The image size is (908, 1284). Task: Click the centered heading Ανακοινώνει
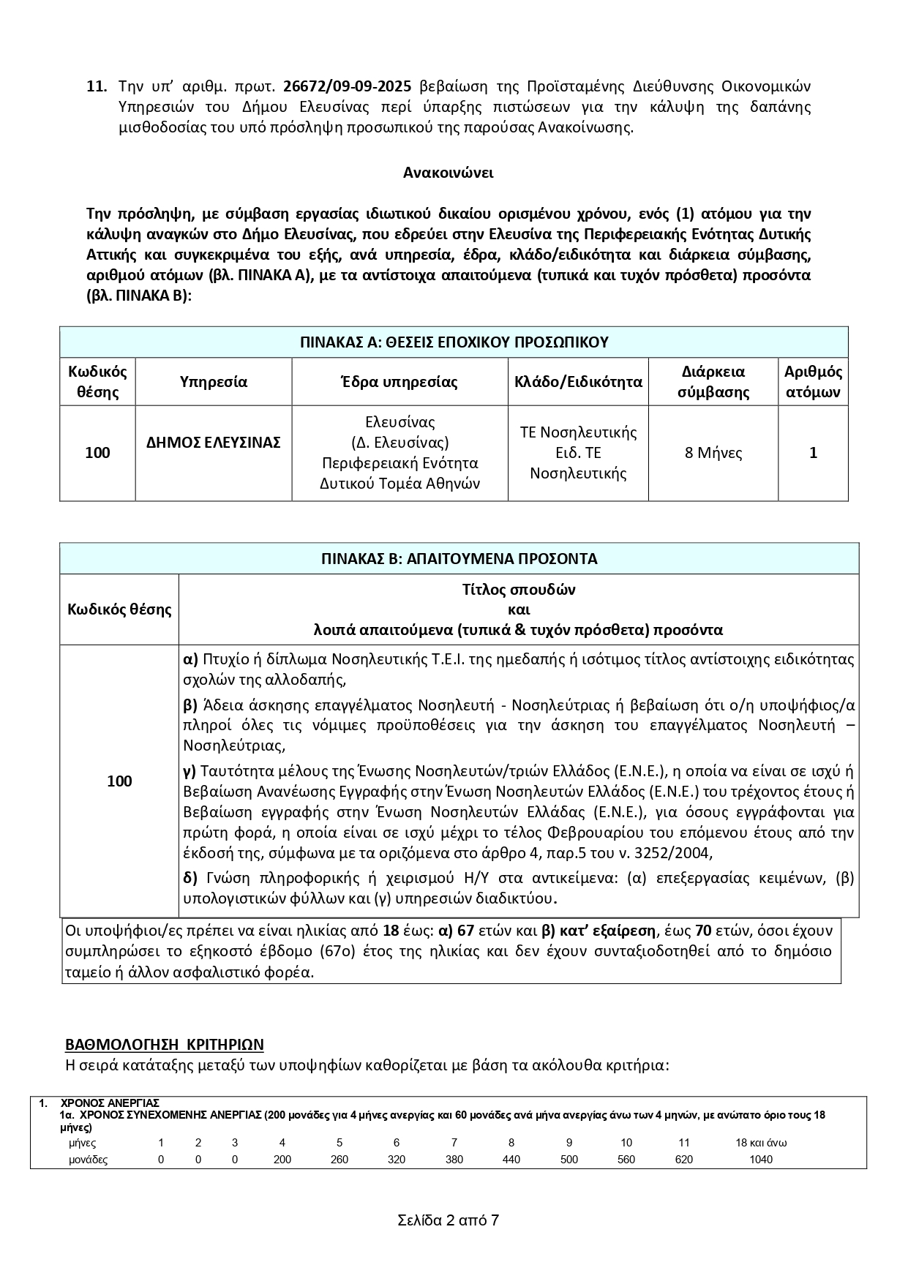(x=448, y=173)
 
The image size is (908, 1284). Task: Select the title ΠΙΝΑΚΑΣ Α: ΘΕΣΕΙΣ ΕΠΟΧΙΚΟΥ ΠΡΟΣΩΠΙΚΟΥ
(x=454, y=342)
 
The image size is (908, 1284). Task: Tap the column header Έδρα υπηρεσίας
(x=399, y=382)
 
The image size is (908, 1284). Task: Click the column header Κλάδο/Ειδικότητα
(x=578, y=382)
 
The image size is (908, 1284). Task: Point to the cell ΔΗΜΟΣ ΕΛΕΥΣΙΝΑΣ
(x=213, y=443)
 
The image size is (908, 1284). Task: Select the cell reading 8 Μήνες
(x=713, y=453)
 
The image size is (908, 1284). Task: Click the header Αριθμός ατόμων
(x=813, y=382)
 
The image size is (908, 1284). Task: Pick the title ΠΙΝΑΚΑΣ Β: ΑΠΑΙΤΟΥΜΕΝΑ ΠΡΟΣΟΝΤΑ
(x=459, y=559)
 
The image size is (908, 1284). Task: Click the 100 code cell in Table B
(x=119, y=781)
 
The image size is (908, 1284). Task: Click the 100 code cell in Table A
(x=97, y=453)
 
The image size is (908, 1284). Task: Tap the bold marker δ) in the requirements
(x=190, y=878)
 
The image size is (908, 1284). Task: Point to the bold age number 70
(x=702, y=931)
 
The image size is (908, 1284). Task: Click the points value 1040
(x=761, y=1160)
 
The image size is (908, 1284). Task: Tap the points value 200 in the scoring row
(x=282, y=1160)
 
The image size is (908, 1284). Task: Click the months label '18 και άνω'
(x=761, y=1143)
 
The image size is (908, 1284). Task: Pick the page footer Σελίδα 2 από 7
(x=448, y=1220)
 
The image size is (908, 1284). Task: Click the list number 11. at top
(x=97, y=86)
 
